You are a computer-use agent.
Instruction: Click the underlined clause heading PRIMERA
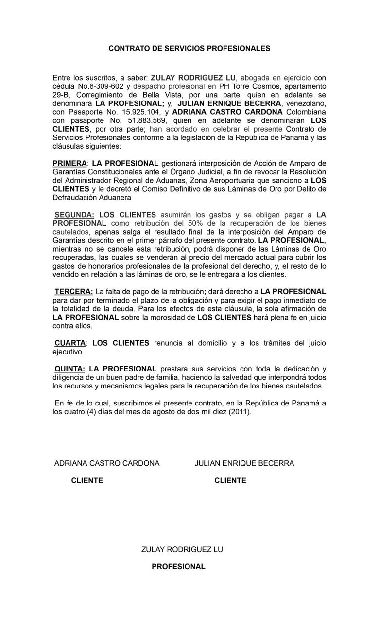click(x=69, y=163)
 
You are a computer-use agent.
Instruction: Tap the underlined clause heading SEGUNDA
click(x=74, y=215)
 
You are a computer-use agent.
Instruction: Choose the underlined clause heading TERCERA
click(x=73, y=292)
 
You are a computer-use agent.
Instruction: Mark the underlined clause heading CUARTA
click(x=70, y=343)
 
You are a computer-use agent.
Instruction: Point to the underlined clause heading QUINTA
click(x=69, y=369)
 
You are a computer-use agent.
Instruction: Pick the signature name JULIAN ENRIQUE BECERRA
click(x=244, y=463)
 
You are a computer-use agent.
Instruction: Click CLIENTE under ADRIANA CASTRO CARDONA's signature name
click(x=87, y=481)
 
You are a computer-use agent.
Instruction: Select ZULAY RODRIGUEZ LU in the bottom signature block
click(x=182, y=550)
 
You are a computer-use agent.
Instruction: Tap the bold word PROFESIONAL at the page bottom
click(x=178, y=567)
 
